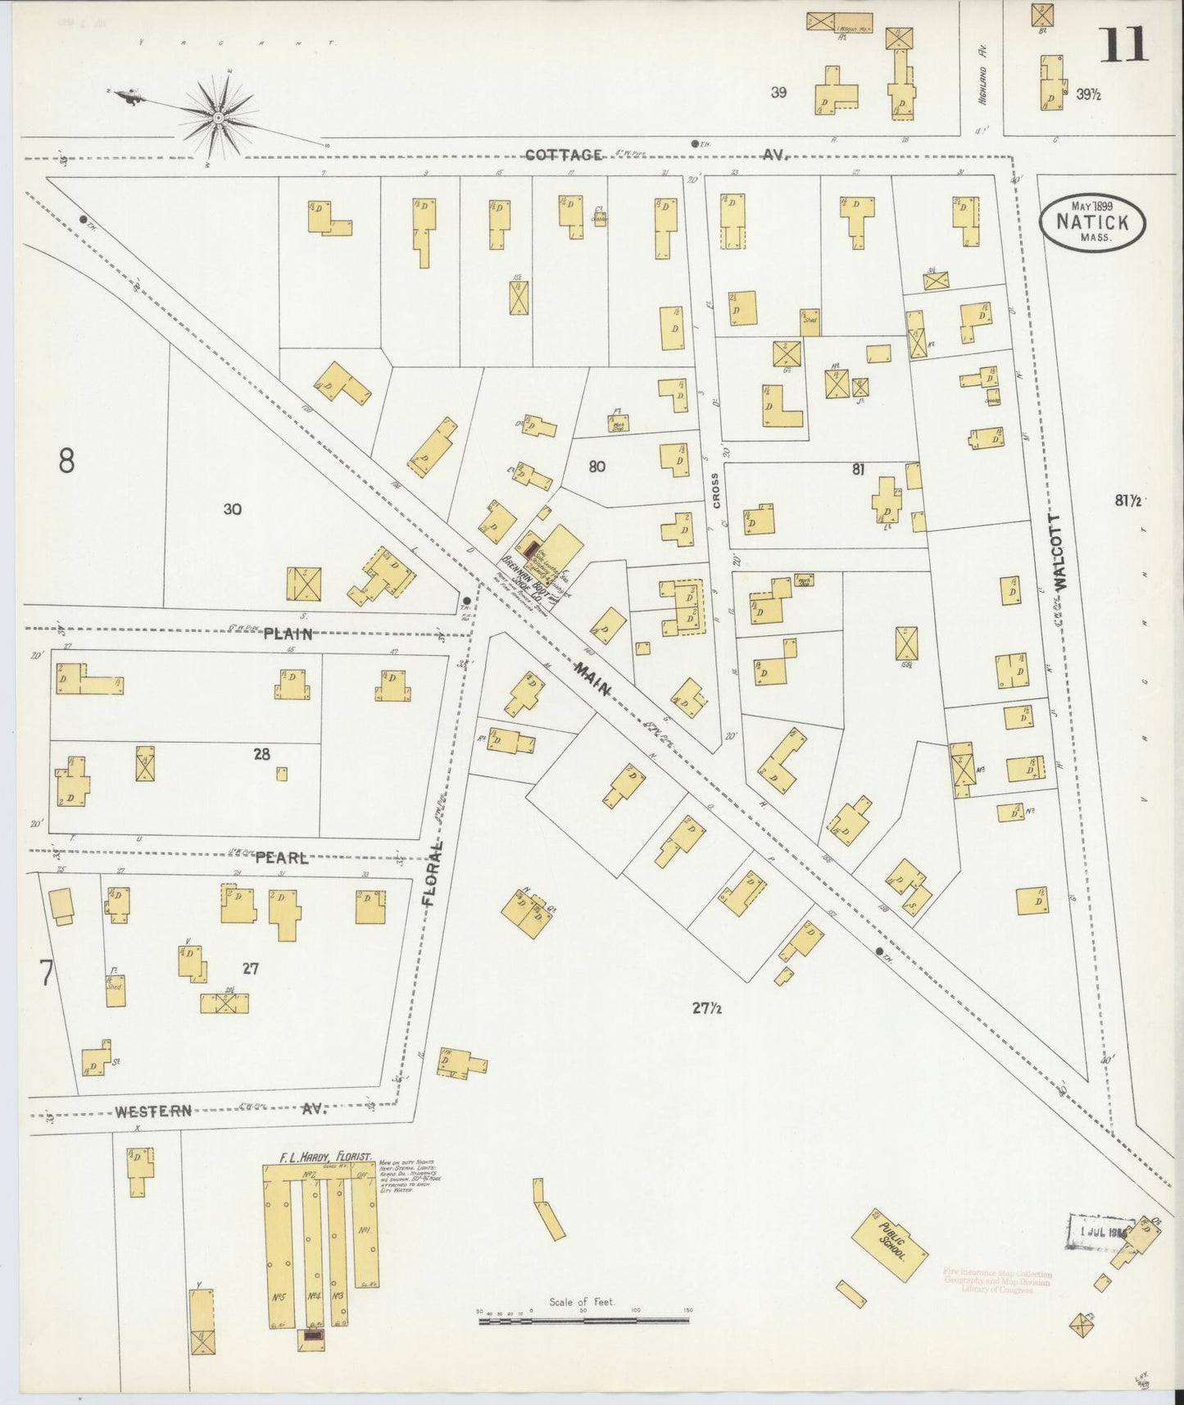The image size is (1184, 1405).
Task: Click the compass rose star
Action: click(219, 118)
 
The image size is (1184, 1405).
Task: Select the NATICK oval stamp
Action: click(1091, 222)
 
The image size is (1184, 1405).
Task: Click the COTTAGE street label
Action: click(564, 154)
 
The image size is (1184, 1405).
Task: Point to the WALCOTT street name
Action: click(1064, 552)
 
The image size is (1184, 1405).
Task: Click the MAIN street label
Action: click(592, 678)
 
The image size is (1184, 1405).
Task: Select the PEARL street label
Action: click(281, 858)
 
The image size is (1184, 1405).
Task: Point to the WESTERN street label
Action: click(153, 1112)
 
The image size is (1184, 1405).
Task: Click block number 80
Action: click(597, 467)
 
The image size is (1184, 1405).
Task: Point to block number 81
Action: click(858, 470)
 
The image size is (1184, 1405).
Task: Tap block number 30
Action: click(232, 509)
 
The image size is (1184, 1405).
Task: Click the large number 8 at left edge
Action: click(66, 461)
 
